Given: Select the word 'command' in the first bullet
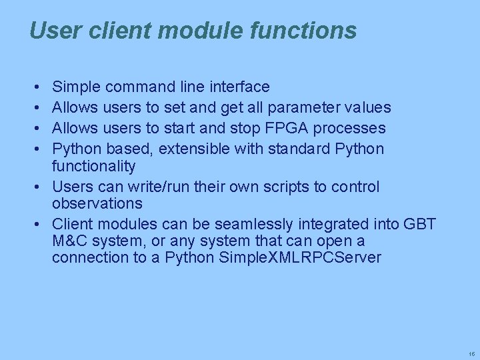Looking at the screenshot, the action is pos(141,87).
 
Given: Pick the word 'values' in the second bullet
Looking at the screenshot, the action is pos(370,107).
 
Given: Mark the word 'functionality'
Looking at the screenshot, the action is pos(93,166).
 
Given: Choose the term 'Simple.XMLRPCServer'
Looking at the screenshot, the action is pos(300,258).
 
